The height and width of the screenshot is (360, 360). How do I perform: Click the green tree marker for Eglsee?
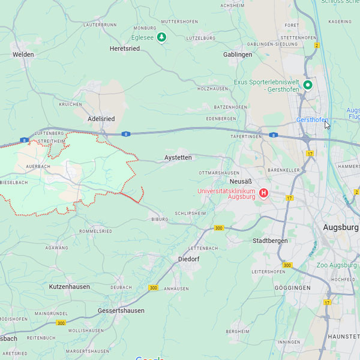click(161, 38)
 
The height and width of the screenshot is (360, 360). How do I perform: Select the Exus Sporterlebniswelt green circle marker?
click(308, 85)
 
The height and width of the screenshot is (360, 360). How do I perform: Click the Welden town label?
click(23, 55)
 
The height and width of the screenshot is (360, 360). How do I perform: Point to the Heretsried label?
click(125, 49)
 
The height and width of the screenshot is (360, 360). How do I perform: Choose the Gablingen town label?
click(238, 55)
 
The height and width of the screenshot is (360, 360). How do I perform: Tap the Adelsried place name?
click(101, 119)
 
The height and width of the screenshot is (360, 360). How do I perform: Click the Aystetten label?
click(178, 158)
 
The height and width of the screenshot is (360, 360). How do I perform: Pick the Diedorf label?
click(188, 259)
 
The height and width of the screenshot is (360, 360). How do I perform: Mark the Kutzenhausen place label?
click(70, 287)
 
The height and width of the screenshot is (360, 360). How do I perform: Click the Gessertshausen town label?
click(121, 311)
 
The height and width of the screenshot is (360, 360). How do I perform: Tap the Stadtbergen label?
click(270, 241)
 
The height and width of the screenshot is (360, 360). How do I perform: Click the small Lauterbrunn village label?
click(100, 25)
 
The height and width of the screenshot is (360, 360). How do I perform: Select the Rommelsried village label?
click(96, 231)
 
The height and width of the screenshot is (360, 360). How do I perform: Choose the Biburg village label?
click(160, 220)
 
